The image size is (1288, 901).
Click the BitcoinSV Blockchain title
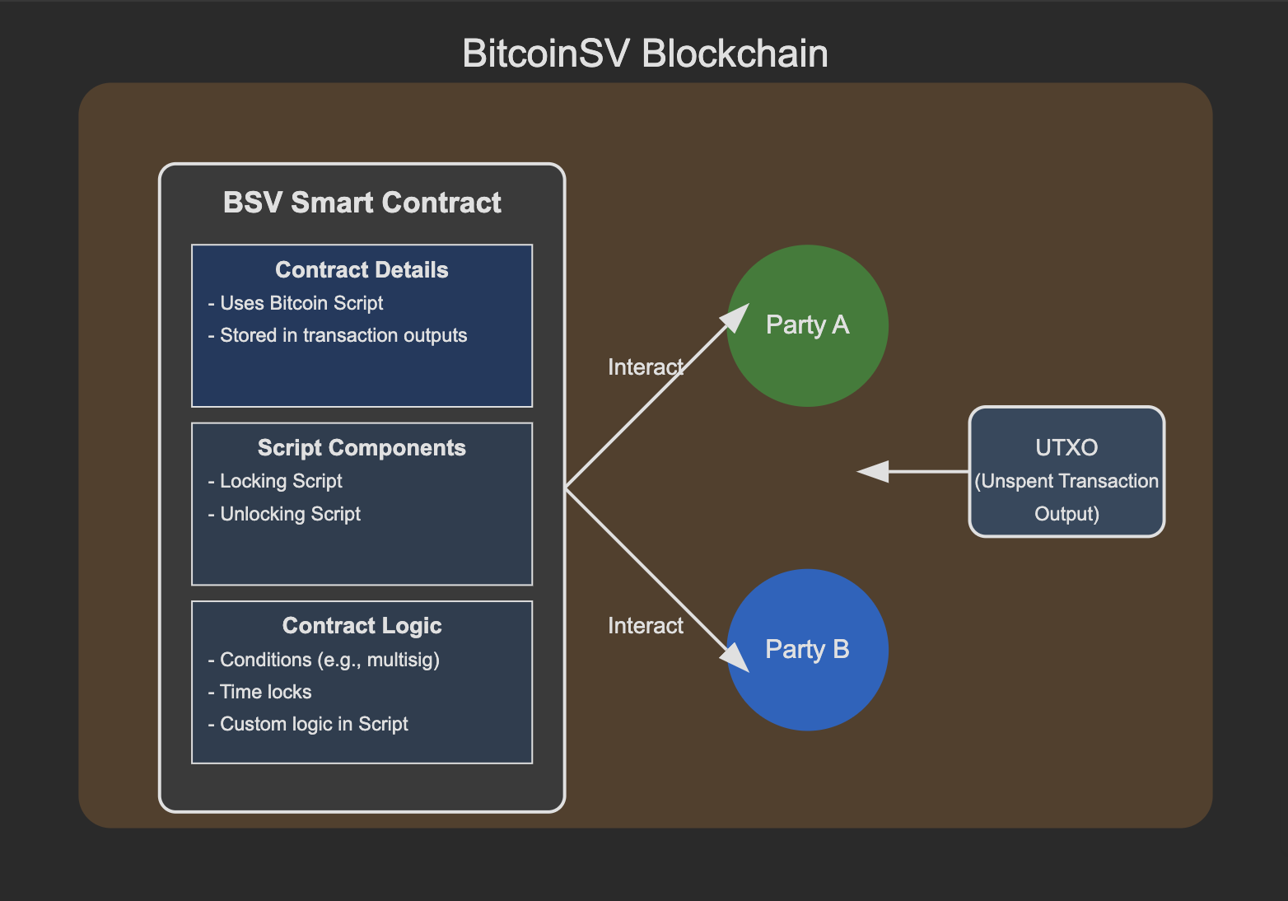click(645, 54)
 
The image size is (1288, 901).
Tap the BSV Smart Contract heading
click(362, 203)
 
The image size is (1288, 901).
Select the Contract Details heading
click(362, 269)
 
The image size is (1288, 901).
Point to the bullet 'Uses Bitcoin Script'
click(296, 303)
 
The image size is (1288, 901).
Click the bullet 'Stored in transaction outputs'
click(338, 335)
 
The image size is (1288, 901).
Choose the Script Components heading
click(362, 447)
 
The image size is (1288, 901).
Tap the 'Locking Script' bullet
click(275, 481)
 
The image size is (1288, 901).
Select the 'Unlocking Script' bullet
click(284, 513)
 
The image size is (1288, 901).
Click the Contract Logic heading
click(362, 626)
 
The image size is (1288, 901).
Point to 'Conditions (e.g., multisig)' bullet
click(324, 660)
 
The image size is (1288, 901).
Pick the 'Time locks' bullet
click(259, 692)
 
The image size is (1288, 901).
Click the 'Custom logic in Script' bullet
click(308, 724)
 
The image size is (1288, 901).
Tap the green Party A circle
click(807, 325)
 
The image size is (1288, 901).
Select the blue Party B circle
click(807, 650)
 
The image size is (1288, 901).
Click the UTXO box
click(1066, 471)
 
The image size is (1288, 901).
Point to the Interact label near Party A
click(646, 366)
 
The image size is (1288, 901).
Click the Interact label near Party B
click(646, 626)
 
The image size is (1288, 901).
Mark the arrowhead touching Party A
click(736, 317)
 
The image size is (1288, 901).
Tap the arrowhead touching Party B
click(736, 658)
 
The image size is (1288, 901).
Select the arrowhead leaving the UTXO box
click(872, 471)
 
